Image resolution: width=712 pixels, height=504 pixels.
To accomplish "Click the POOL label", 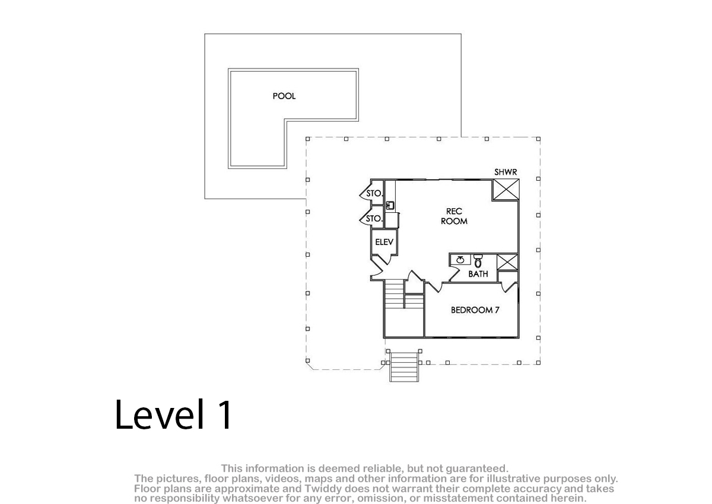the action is click(x=284, y=96).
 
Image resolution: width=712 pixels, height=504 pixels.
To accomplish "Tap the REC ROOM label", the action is click(x=454, y=216).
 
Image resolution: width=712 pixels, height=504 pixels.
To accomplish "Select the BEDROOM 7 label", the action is click(x=475, y=310).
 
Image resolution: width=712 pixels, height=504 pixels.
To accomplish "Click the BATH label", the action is click(x=478, y=274).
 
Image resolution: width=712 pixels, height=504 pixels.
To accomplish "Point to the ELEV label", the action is click(x=384, y=242).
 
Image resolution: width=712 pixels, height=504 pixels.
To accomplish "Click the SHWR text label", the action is click(x=506, y=172).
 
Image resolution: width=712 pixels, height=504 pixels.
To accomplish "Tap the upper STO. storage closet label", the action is click(x=374, y=193).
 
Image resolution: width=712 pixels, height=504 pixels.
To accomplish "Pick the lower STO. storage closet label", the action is click(x=373, y=218).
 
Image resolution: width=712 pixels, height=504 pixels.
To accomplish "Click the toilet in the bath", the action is click(x=478, y=260).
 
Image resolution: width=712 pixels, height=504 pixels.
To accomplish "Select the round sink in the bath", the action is click(x=460, y=260).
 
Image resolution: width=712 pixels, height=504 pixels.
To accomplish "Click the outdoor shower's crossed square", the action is click(x=506, y=190).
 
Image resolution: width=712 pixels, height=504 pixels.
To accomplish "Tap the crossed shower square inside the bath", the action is click(x=507, y=262).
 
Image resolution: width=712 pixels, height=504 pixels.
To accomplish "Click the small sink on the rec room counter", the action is click(x=390, y=205).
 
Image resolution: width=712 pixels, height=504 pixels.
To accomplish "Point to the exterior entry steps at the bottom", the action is click(x=404, y=366).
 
